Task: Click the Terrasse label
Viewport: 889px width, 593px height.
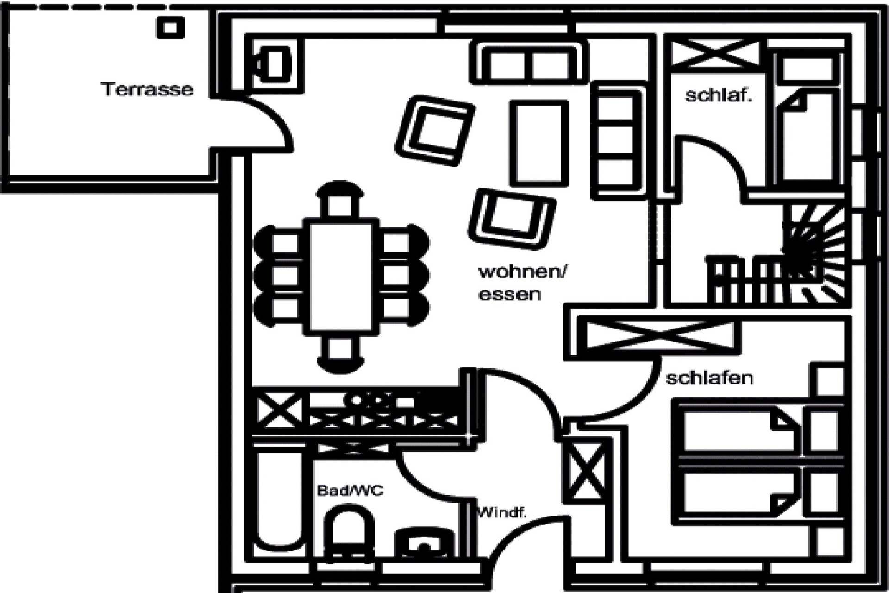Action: click(147, 89)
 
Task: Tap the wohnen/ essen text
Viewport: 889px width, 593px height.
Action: click(522, 283)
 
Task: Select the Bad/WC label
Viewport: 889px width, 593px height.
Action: click(350, 490)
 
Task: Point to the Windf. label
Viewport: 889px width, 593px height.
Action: click(502, 513)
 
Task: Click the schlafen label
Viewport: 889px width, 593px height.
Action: click(709, 378)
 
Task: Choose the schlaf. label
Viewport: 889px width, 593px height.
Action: click(718, 95)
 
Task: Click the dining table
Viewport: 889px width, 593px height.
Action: click(341, 276)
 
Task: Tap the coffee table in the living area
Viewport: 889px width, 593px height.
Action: click(539, 143)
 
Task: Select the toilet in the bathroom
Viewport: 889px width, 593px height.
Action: click(349, 533)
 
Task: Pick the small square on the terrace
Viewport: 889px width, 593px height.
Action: click(170, 27)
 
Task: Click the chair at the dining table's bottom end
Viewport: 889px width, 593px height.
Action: click(340, 354)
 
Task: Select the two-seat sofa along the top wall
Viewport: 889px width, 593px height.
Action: click(529, 63)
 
